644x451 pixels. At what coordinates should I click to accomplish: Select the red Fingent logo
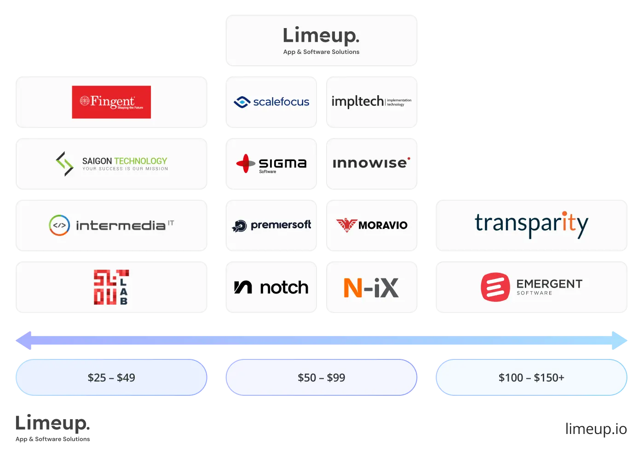click(111, 102)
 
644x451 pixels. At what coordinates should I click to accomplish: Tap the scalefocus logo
click(271, 102)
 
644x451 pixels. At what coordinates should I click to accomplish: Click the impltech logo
click(371, 101)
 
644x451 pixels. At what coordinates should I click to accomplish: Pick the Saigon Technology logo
click(112, 164)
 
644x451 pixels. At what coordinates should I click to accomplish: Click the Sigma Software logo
click(271, 164)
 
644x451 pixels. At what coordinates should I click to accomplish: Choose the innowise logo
click(371, 163)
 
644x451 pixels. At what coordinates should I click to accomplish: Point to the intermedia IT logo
click(112, 225)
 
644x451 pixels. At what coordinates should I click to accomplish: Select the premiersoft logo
click(271, 225)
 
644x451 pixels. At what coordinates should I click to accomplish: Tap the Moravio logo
click(371, 225)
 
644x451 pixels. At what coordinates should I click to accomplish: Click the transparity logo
click(531, 225)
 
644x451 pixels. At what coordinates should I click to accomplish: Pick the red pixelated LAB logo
click(111, 288)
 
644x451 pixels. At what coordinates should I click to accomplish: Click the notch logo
click(271, 288)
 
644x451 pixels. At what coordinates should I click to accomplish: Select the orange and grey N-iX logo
click(371, 288)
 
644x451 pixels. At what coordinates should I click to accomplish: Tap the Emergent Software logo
click(531, 288)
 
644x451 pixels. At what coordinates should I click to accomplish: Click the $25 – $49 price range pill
click(111, 378)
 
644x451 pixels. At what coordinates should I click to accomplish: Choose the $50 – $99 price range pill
click(321, 378)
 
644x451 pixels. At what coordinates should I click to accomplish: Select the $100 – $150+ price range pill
click(531, 378)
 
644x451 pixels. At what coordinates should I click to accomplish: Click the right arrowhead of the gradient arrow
click(620, 341)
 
